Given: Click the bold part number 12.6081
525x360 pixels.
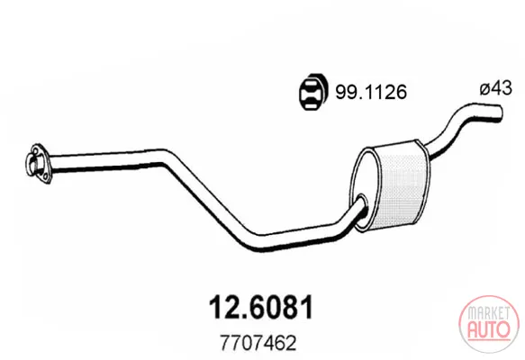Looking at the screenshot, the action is (x=261, y=307).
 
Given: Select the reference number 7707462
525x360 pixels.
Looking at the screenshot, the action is (x=258, y=343).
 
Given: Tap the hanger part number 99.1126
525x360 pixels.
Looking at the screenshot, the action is (x=371, y=92).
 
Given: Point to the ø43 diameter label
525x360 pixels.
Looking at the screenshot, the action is (x=495, y=89).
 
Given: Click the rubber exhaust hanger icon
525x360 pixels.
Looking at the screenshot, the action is (x=313, y=91).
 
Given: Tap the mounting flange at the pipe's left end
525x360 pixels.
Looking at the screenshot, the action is (x=37, y=164).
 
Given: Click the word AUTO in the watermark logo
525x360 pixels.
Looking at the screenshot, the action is (x=488, y=329).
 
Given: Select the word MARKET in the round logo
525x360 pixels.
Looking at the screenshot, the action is (x=488, y=313).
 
